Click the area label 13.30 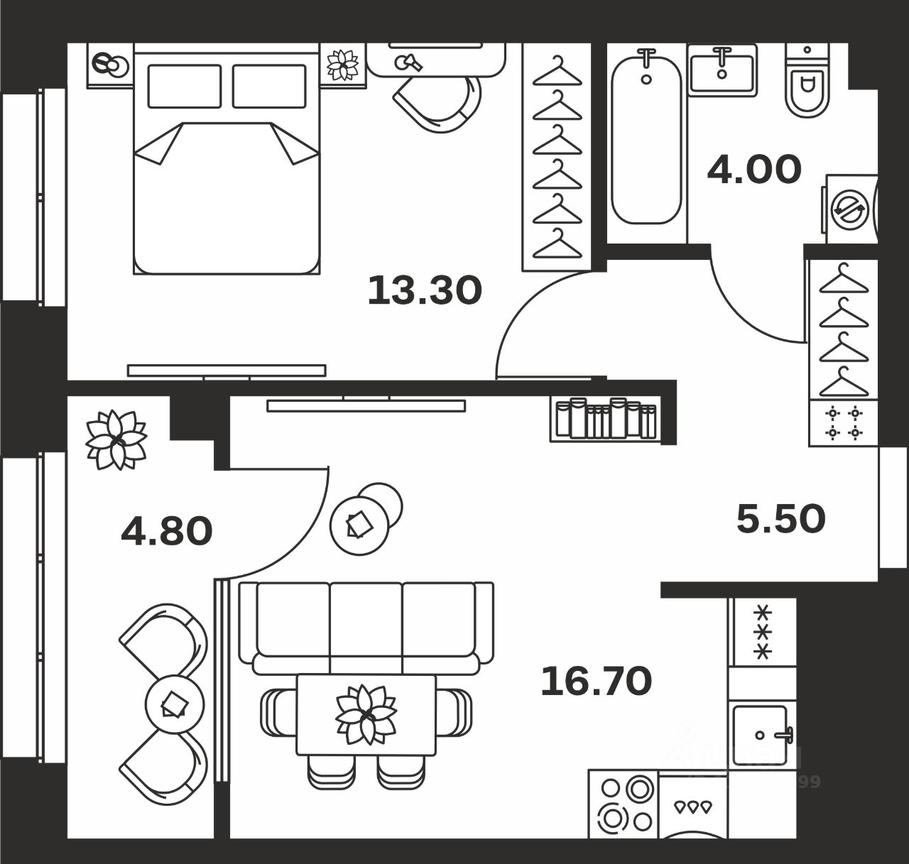click(x=425, y=290)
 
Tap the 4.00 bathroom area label click(x=754, y=170)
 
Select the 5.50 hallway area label click(x=780, y=519)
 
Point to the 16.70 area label click(x=596, y=681)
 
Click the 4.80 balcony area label click(x=167, y=531)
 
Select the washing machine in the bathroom click(x=851, y=210)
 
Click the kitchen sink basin click(x=760, y=735)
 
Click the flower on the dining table click(x=366, y=714)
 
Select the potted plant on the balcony click(x=115, y=439)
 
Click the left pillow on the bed click(x=184, y=86)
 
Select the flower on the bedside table click(x=343, y=65)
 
